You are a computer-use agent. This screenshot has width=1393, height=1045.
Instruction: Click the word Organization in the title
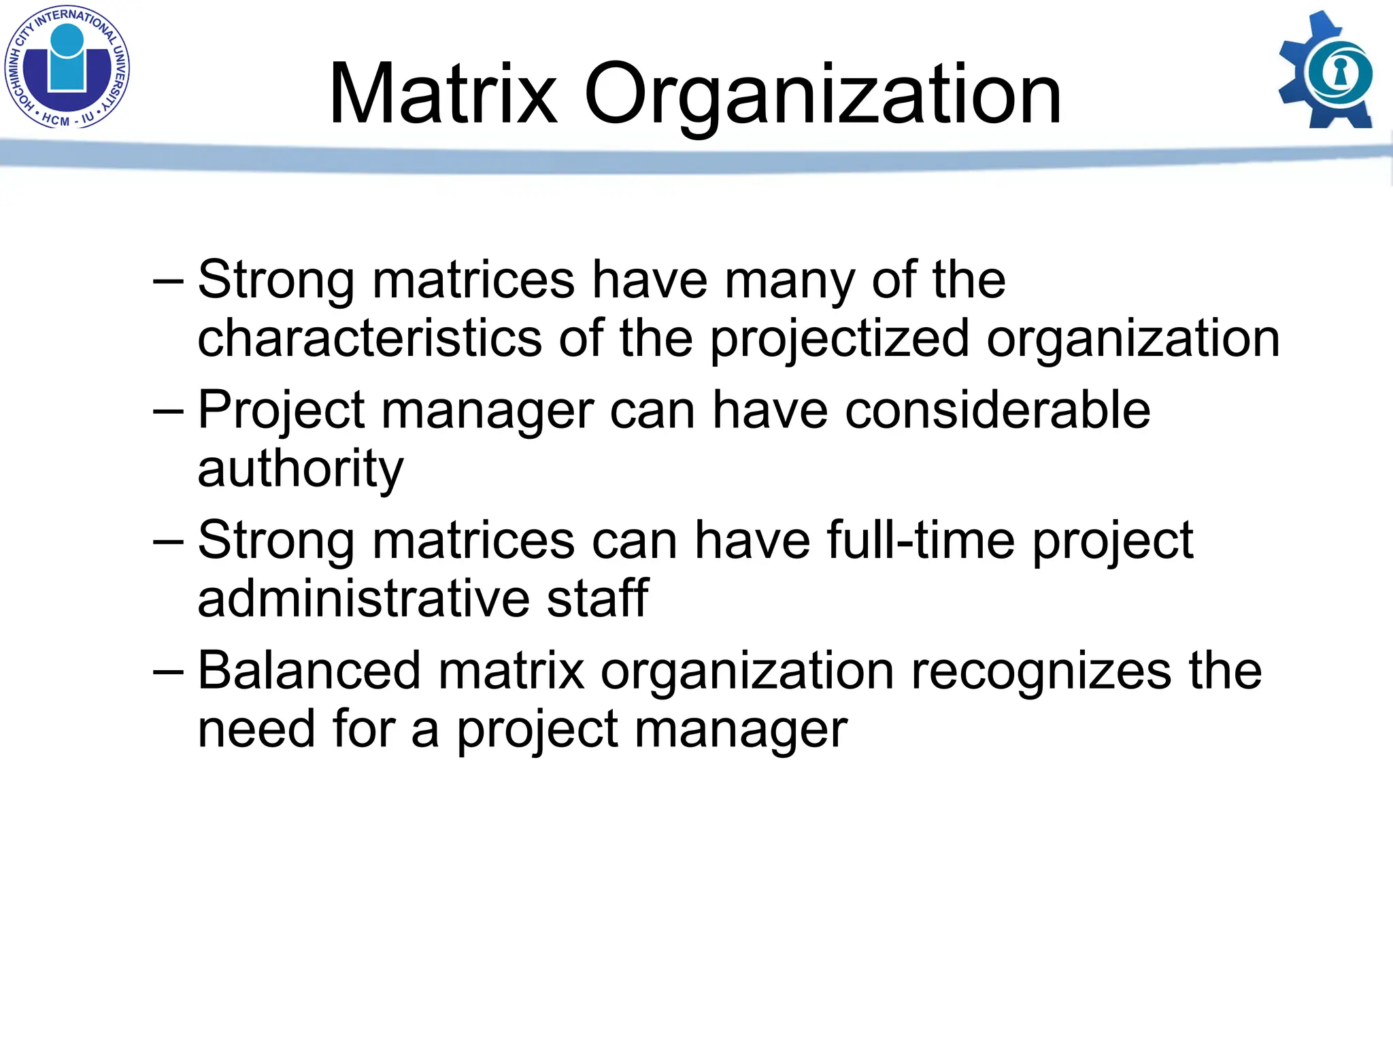(x=822, y=95)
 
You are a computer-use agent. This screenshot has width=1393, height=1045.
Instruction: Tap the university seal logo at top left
(x=67, y=67)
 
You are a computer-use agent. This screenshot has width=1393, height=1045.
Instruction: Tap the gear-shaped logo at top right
(x=1326, y=71)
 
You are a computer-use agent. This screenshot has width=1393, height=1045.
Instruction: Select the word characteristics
(x=369, y=338)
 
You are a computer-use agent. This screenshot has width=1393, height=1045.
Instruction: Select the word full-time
(x=921, y=541)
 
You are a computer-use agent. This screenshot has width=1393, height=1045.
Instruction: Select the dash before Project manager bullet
(x=168, y=412)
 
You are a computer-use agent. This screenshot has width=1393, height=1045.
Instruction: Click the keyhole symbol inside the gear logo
(x=1340, y=71)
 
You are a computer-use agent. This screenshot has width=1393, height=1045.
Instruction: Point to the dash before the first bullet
(x=168, y=281)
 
